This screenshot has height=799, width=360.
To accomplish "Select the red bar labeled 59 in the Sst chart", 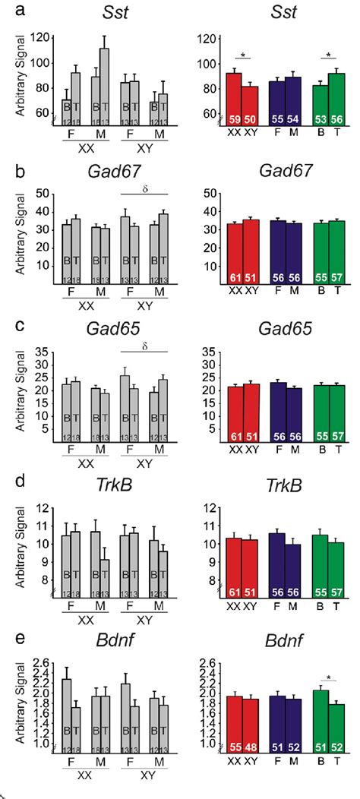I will point(233,99).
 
